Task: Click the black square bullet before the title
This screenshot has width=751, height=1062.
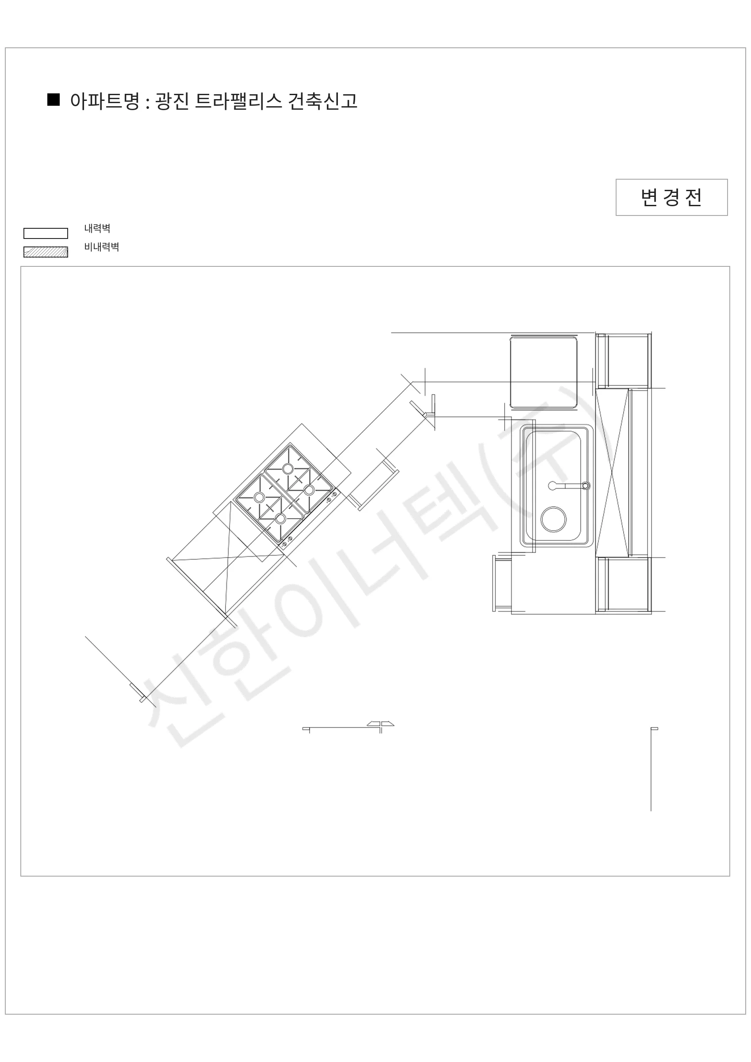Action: tap(53, 100)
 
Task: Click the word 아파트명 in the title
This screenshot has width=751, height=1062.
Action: tap(104, 101)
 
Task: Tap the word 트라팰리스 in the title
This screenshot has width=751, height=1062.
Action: tap(238, 101)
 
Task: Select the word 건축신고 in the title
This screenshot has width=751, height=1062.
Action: tap(323, 101)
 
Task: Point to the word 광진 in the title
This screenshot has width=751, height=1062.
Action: tap(172, 101)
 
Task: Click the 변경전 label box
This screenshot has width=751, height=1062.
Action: tap(671, 197)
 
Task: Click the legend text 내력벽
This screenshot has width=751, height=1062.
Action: tap(97, 228)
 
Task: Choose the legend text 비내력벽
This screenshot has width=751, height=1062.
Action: tap(102, 247)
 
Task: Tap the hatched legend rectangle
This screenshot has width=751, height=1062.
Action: tap(46, 252)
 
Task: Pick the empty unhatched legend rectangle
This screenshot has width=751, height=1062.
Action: tap(46, 233)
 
